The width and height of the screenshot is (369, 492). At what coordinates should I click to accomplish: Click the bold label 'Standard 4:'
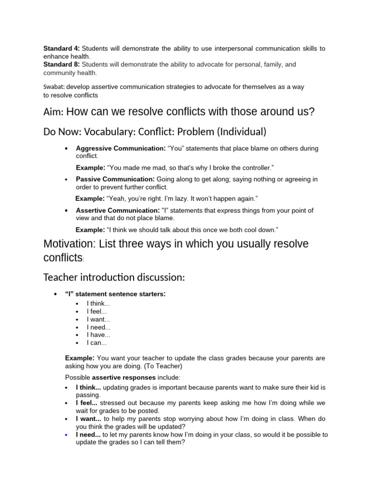tap(61, 49)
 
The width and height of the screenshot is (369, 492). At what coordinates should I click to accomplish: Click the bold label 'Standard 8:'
tap(61, 64)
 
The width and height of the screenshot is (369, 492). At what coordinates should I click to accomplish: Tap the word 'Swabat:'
tap(54, 87)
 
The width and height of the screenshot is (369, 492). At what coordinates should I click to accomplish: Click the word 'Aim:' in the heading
tap(53, 112)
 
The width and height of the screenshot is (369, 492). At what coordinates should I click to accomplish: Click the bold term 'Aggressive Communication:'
tap(121, 148)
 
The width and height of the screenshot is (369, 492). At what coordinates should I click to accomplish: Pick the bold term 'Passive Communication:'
tap(116, 179)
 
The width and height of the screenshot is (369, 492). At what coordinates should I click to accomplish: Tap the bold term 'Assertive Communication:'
tap(118, 210)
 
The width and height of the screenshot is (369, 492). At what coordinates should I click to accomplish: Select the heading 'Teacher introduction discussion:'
tap(114, 278)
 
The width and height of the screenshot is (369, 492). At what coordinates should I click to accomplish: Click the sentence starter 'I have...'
tap(98, 335)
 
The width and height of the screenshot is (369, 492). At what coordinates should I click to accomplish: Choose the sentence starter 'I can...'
tap(97, 343)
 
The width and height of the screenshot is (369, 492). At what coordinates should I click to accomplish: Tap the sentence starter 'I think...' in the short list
tap(98, 304)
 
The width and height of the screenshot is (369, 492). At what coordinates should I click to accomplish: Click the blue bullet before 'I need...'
tap(66, 434)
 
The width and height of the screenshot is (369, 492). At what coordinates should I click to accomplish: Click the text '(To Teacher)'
tap(168, 366)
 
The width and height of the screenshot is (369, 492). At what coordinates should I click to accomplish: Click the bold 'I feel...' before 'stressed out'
tap(88, 403)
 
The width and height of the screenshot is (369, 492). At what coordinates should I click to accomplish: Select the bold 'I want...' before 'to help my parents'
tap(88, 418)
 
